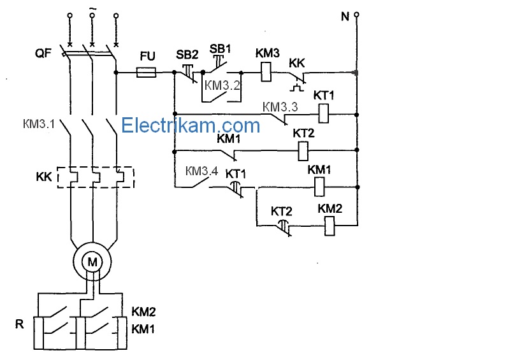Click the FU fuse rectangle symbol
coord(147,72)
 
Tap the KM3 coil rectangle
coord(266,72)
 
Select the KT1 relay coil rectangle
coord(324,113)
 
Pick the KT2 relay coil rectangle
coord(303,151)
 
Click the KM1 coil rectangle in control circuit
coord(319,187)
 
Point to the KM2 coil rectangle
coord(330,226)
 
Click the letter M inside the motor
coord(92,263)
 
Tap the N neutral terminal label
coord(345,17)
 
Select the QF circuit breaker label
coord(43,54)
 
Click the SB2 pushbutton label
coord(187,55)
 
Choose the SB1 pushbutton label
coord(220,49)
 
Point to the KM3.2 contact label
coord(222,85)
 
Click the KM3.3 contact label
coord(280,107)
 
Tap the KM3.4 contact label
coord(202,171)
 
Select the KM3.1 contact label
coord(39,124)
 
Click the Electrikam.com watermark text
coord(191,126)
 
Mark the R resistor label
coord(20,324)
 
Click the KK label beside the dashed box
coord(44,176)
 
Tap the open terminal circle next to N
coord(356,15)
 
